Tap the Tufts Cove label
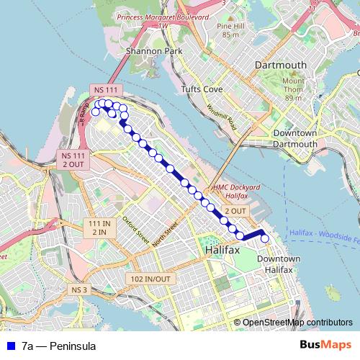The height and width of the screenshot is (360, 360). click(201, 89)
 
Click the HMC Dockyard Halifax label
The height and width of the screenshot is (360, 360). click(231, 191)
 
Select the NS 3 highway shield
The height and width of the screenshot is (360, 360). click(79, 289)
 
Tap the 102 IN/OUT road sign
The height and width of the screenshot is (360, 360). click(150, 279)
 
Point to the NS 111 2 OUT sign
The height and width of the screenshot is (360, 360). click(73, 159)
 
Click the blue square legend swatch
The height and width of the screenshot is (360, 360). click(9, 346)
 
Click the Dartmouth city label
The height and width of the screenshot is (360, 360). click(281, 65)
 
